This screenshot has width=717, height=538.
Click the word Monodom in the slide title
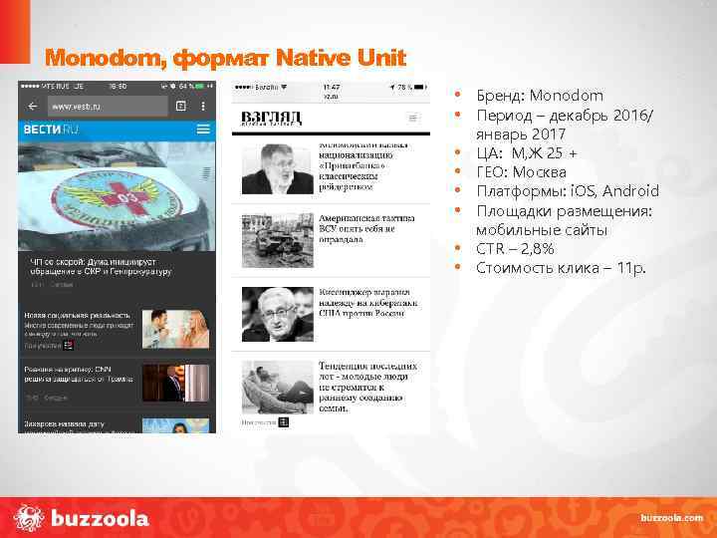(106, 58)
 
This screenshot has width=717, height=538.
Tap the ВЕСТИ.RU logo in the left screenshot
(51, 130)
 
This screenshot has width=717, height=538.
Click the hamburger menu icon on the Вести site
(203, 130)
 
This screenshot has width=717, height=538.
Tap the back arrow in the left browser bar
(33, 106)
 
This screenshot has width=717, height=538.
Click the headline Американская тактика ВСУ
(357, 228)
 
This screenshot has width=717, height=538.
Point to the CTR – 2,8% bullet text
(515, 249)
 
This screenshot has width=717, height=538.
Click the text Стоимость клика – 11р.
(561, 268)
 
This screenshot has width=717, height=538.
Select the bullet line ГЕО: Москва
(523, 172)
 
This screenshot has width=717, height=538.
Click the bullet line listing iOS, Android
(567, 191)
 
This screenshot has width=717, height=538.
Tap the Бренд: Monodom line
(539, 96)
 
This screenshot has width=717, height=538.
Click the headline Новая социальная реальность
(76, 315)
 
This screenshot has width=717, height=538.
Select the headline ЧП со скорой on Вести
(100, 266)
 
